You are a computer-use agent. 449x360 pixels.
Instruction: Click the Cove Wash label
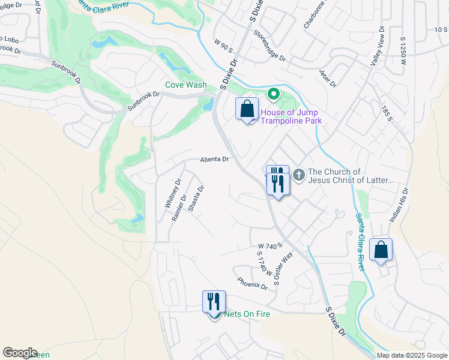click(x=186, y=85)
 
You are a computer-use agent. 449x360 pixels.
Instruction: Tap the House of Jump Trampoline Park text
click(x=290, y=116)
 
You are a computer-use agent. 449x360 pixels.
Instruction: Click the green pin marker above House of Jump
click(x=273, y=94)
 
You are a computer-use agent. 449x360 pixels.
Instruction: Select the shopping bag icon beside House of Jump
click(x=246, y=109)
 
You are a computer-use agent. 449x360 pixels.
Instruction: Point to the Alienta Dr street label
click(x=214, y=160)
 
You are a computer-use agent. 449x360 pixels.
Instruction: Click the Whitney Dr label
click(x=173, y=194)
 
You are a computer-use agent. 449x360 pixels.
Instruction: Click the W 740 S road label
click(x=270, y=246)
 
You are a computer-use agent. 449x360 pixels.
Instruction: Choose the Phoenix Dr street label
click(x=252, y=283)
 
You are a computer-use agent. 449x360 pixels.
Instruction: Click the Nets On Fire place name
click(x=247, y=314)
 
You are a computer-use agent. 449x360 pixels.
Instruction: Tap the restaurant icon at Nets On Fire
click(x=214, y=302)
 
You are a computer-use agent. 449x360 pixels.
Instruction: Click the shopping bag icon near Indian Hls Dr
click(x=381, y=250)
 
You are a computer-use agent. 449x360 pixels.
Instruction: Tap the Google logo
click(x=20, y=353)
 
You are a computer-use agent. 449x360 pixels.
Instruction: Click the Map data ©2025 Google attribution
click(x=412, y=355)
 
